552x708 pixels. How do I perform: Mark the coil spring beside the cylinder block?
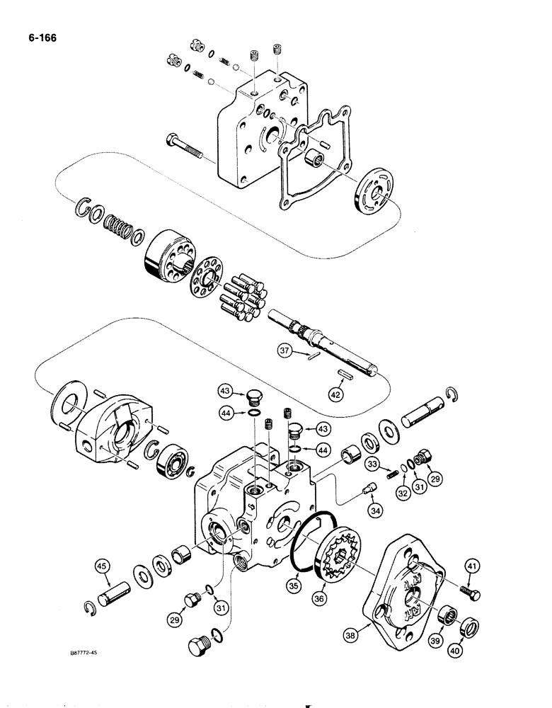pos(119,228)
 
